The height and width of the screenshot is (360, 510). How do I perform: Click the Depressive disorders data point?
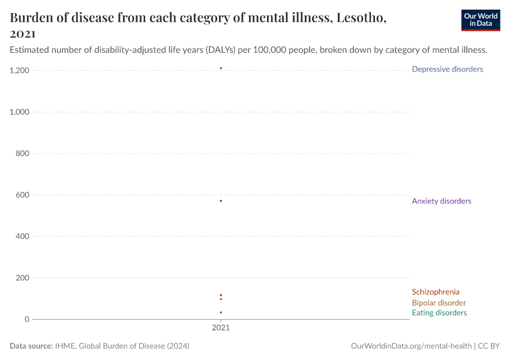click(221, 68)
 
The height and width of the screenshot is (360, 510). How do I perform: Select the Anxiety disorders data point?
click(221, 201)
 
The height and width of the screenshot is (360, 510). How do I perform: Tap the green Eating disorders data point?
click(221, 313)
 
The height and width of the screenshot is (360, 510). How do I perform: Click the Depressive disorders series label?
click(447, 69)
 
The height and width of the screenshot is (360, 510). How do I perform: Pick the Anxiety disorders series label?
click(441, 201)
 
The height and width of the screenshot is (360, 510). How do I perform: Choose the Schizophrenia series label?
click(436, 292)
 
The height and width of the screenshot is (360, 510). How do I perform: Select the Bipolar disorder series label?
click(439, 303)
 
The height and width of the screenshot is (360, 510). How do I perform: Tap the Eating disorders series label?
click(439, 313)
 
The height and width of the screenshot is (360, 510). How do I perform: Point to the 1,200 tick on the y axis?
click(19, 71)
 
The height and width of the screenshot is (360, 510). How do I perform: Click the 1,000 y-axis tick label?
click(19, 112)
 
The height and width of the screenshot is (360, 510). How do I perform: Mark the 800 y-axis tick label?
click(22, 154)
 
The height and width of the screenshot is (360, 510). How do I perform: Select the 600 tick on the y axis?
click(22, 195)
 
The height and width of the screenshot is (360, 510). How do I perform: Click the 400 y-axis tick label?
click(22, 236)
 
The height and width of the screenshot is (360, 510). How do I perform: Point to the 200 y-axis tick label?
click(22, 278)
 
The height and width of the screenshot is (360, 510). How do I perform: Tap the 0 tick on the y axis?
click(26, 319)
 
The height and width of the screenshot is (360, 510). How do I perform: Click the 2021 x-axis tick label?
click(221, 328)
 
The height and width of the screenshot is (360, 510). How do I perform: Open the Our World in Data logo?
click(480, 20)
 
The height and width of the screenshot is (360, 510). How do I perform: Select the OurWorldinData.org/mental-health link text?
click(411, 346)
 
